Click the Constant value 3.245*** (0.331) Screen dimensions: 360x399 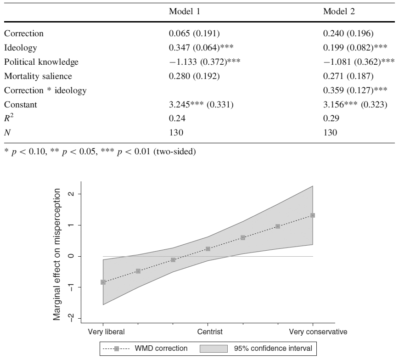(202, 105)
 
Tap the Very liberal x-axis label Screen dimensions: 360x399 (103, 331)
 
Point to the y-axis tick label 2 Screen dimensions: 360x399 (71, 194)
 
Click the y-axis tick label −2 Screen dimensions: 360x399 (71, 318)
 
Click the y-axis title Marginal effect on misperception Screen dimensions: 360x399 (56, 256)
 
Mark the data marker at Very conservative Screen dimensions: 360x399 (313, 215)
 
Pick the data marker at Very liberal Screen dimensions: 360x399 (103, 282)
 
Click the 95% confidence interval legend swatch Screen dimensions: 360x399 (214, 349)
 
